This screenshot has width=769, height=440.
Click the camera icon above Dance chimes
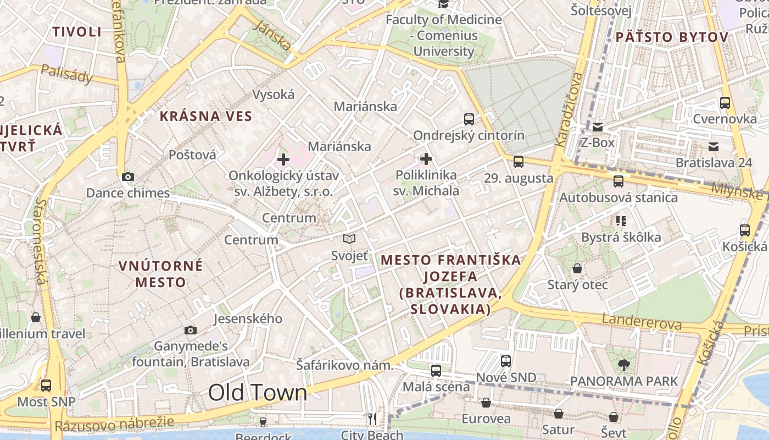click(x=128, y=177)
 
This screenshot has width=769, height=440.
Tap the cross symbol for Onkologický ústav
click(x=283, y=159)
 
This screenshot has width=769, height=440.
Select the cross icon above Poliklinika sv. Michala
click(x=426, y=159)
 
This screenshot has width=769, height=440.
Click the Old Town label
click(x=258, y=393)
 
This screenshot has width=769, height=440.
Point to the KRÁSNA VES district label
click(x=206, y=116)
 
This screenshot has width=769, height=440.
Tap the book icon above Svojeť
click(x=349, y=239)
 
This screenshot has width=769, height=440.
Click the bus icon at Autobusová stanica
click(x=618, y=181)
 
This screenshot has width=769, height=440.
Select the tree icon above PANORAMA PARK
click(x=623, y=364)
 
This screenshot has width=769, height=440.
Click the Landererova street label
click(x=642, y=322)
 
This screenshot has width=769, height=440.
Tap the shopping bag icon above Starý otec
click(x=577, y=268)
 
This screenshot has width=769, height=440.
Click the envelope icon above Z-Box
click(x=598, y=127)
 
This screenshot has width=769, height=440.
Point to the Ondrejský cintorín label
click(x=469, y=135)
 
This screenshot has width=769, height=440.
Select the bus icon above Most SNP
click(x=46, y=385)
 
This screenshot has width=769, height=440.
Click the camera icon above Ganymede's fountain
click(x=191, y=330)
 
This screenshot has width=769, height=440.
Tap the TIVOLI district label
click(x=77, y=31)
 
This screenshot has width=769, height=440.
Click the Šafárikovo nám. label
click(x=345, y=365)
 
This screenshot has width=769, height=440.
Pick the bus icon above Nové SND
click(x=506, y=361)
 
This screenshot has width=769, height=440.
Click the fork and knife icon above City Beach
click(x=372, y=419)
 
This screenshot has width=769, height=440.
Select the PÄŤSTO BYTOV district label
click(x=672, y=37)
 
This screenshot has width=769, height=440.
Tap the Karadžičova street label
click(x=568, y=109)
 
